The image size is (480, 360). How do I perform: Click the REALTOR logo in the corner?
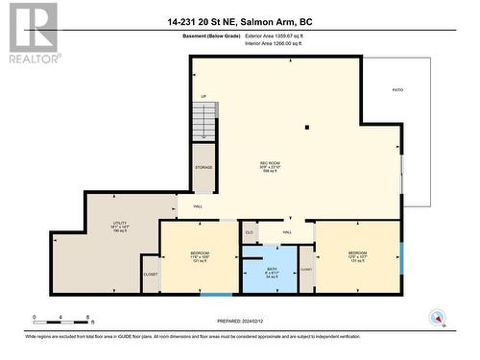click(x=32, y=34)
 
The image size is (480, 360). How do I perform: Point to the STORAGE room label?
click(x=204, y=167)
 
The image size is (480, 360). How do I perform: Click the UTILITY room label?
click(x=120, y=227)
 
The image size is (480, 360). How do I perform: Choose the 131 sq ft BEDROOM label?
click(x=357, y=256)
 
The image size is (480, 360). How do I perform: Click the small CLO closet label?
click(x=249, y=231)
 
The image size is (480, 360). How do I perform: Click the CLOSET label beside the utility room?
click(x=151, y=275)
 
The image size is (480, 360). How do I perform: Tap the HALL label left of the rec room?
click(x=197, y=205)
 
